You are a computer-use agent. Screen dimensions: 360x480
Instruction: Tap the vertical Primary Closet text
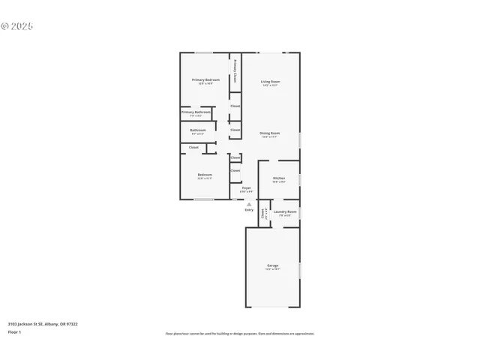pos(235,70)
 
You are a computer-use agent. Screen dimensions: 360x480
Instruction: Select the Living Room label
pos(270,81)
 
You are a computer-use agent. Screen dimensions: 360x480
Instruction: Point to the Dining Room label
pos(270,133)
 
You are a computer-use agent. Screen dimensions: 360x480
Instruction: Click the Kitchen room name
pos(278,178)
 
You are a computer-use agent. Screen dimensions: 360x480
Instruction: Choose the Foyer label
pos(246,187)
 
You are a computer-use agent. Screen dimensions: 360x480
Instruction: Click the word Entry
pos(249,209)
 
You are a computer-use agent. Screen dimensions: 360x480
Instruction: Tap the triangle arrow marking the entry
pos(249,202)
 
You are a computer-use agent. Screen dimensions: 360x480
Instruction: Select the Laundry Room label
pos(285,211)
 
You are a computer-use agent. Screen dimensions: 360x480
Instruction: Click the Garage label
pos(272,265)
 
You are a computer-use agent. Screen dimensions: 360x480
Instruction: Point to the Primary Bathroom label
pos(196,112)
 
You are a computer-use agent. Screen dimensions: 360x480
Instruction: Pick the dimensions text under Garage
pos(272,269)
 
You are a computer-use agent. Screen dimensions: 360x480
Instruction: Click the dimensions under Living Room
pos(270,85)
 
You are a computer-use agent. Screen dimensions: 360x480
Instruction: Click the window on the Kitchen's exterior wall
pos(299,179)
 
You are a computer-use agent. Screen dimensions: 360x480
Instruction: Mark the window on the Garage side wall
pos(299,270)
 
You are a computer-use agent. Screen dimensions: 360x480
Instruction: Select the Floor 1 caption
pos(15,331)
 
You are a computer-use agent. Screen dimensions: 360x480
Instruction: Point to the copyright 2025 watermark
pos(17,25)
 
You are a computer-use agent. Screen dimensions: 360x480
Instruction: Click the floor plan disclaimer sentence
pos(240,334)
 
